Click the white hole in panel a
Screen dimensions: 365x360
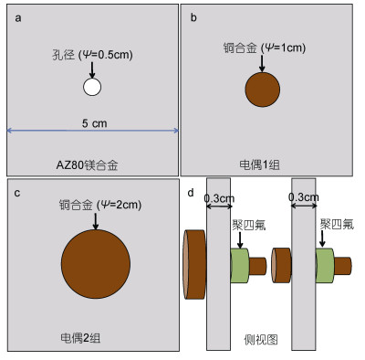[x=92, y=87]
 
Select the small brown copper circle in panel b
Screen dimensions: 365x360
[x=263, y=90]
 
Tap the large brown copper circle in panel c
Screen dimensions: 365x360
[x=96, y=264]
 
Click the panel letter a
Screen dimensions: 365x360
[x=18, y=18]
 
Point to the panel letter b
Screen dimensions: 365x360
[x=193, y=17]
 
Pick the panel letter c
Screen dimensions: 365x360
[x=17, y=193]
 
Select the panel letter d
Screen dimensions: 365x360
[x=191, y=193]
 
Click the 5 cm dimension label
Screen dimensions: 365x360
[x=94, y=123]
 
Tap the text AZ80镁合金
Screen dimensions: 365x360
[x=87, y=165]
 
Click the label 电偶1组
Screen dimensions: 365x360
[x=259, y=164]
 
